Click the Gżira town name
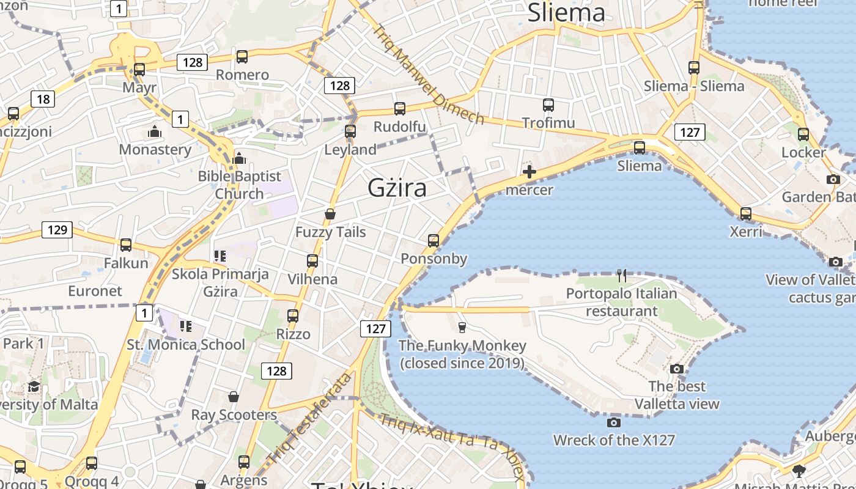(397, 188)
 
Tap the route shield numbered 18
(43, 99)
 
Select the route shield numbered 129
(57, 230)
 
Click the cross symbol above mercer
(529, 172)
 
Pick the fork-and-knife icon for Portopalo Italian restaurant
(622, 275)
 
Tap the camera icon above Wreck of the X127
(614, 422)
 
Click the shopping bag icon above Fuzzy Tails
(330, 214)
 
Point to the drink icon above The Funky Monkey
(462, 328)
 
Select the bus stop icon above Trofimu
(548, 105)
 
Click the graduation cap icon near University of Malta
(34, 386)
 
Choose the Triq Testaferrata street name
(310, 419)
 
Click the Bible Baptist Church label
(240, 185)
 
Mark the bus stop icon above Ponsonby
(434, 240)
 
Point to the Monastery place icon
(155, 131)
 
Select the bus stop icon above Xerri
(746, 214)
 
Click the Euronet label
(95, 291)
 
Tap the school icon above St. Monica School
(186, 326)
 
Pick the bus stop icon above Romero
(242, 57)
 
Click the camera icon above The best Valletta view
(676, 369)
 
